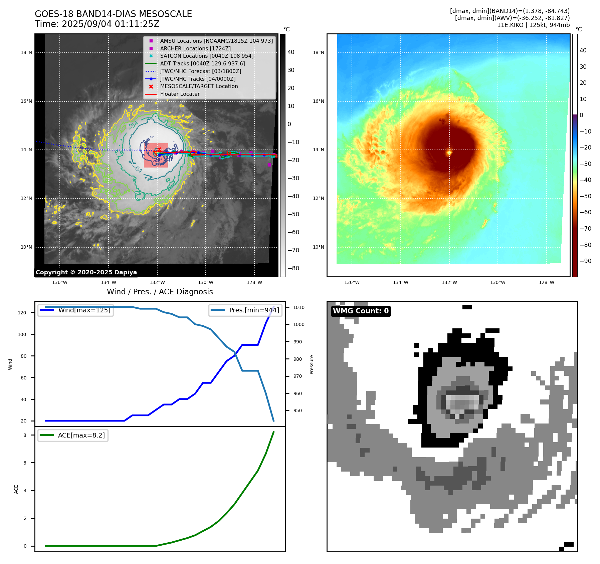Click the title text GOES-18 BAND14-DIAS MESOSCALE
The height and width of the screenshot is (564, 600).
click(x=113, y=14)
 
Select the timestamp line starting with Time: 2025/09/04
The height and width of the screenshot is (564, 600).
click(x=97, y=24)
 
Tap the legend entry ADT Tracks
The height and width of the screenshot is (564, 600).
click(x=202, y=63)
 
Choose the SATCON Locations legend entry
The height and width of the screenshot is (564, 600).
click(x=206, y=56)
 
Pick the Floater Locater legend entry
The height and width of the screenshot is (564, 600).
click(x=180, y=94)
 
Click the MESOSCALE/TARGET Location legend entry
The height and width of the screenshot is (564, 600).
click(x=199, y=86)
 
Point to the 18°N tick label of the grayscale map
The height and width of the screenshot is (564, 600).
click(x=26, y=52)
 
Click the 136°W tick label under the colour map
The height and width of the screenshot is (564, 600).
click(x=352, y=282)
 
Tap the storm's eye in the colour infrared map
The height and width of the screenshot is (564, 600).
click(x=449, y=153)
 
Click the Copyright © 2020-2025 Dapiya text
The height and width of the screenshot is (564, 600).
click(x=86, y=272)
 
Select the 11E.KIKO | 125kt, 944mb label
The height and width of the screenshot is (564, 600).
click(x=533, y=25)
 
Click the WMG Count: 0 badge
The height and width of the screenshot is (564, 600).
click(x=361, y=311)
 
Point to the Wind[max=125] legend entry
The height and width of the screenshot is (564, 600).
click(x=84, y=310)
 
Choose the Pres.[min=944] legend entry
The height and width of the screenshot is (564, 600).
click(x=254, y=310)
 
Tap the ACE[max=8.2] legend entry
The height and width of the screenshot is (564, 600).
click(x=81, y=435)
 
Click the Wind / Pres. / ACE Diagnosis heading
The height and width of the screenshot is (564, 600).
click(x=160, y=292)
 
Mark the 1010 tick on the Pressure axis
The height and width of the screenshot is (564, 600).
click(x=299, y=307)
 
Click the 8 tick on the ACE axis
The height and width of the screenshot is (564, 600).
click(x=25, y=435)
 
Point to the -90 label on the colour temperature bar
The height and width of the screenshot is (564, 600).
click(x=585, y=261)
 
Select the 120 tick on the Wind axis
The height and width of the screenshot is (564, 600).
click(x=22, y=313)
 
